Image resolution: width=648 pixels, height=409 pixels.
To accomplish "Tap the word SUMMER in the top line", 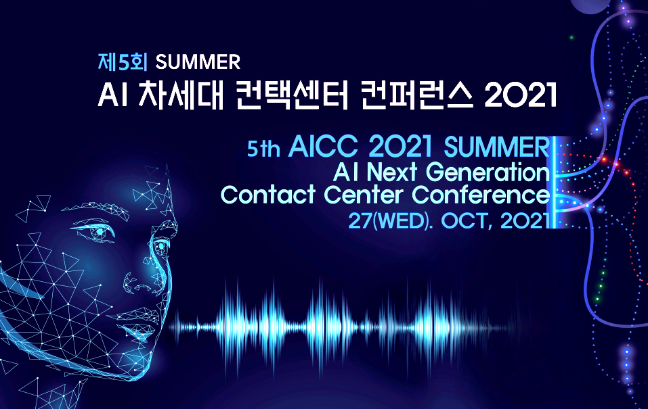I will pos(198,62).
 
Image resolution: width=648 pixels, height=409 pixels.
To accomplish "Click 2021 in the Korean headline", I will pos(521,97).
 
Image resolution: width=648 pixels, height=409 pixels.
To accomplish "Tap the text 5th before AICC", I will pos(263,149).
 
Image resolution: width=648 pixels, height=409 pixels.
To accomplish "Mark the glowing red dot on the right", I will pos(605,160).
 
